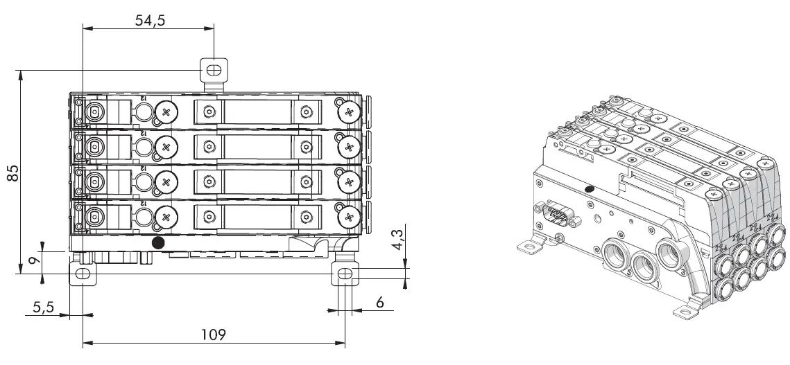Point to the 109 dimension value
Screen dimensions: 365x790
213,335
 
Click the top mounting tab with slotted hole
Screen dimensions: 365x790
214,70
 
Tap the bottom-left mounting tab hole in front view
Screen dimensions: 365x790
83,274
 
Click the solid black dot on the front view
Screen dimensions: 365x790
159,242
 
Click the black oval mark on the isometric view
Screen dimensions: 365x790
590,188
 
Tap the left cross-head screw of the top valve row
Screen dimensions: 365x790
166,110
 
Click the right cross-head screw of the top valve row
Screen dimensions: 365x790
347,110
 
